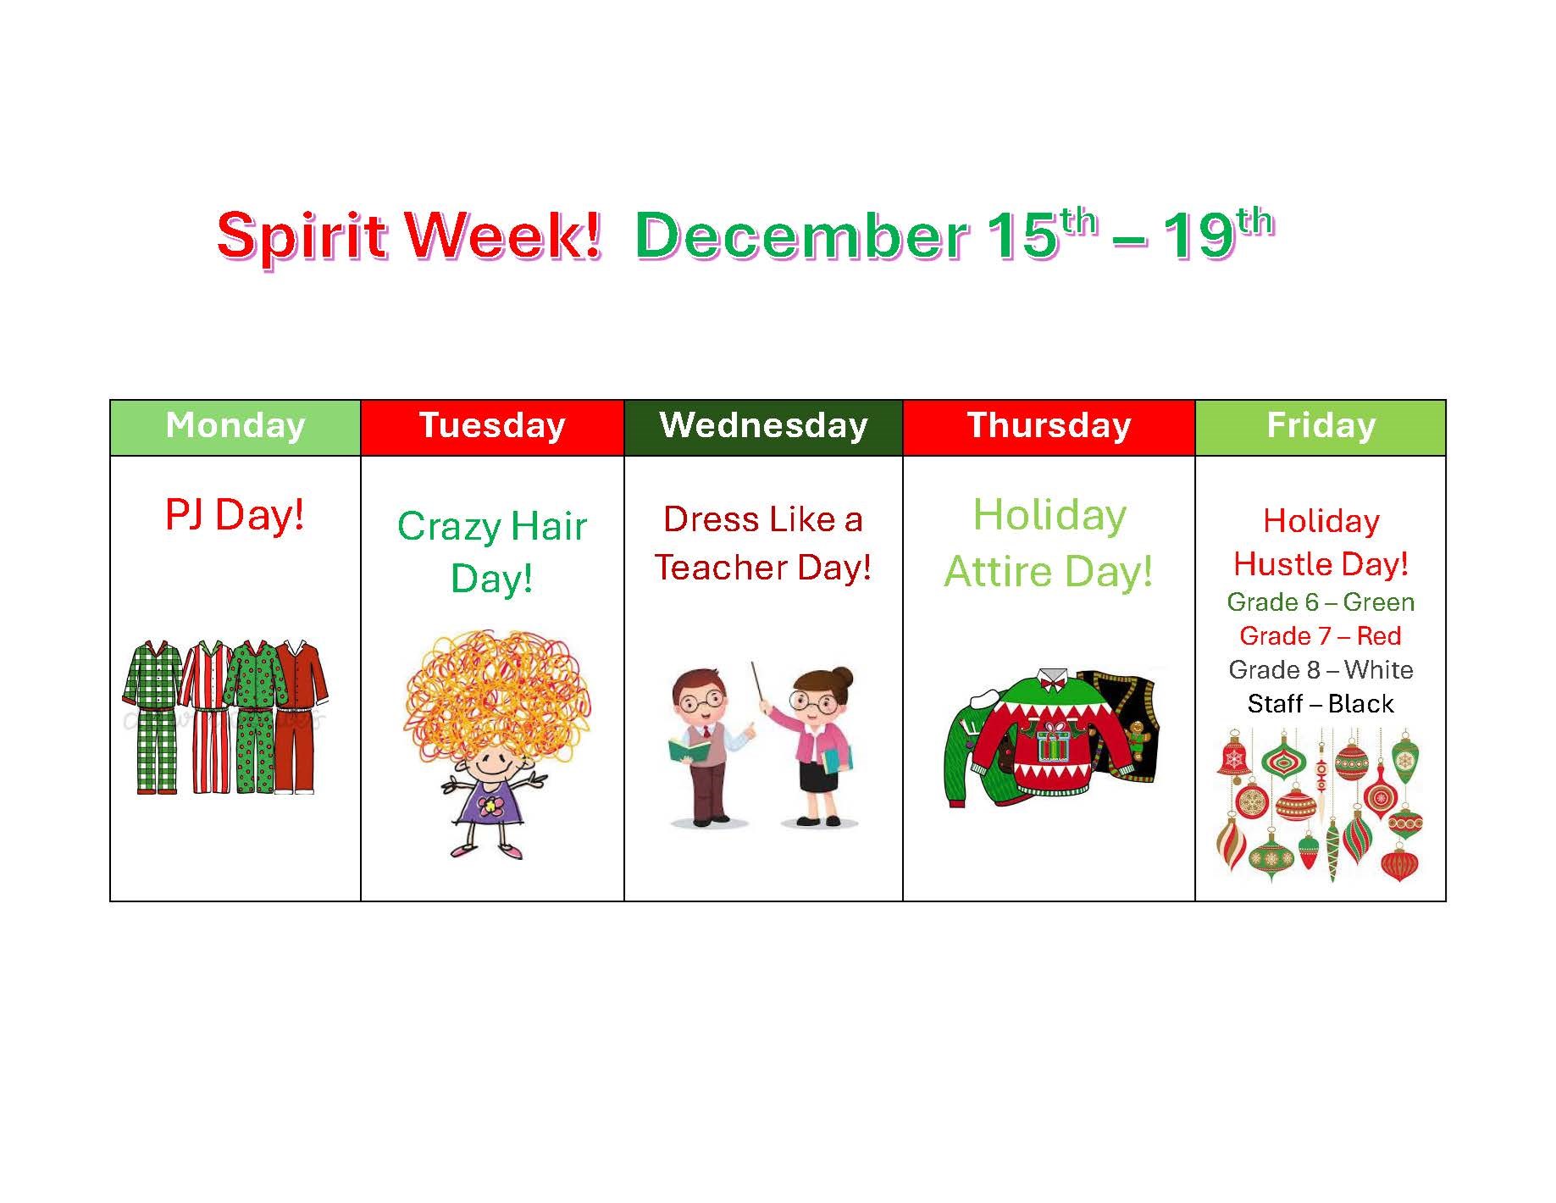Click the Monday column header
tap(235, 425)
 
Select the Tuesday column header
tap(492, 425)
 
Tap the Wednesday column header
tap(763, 425)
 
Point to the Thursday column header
tap(1049, 425)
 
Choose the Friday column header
tap(1321, 425)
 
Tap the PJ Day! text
tap(235, 515)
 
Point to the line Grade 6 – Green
tap(1321, 602)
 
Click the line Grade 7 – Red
tap(1321, 636)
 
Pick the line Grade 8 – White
tap(1321, 670)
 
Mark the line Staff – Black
tap(1321, 704)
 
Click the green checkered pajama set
tap(152, 716)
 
